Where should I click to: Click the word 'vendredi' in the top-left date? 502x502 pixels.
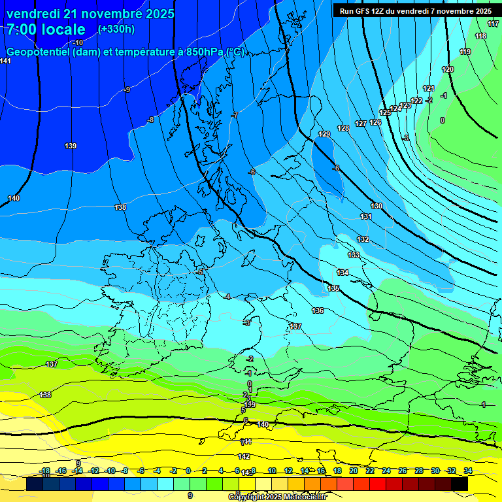[x=33, y=14]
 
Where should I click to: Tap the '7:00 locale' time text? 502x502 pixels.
[x=46, y=29]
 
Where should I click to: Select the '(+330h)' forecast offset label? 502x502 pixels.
[x=116, y=29]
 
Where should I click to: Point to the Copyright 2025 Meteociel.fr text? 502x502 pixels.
[x=277, y=497]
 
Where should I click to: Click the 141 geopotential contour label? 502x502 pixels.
[x=5, y=61]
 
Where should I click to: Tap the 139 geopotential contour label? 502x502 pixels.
[x=71, y=145]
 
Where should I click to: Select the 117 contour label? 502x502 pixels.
[x=493, y=24]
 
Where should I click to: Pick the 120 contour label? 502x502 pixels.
[x=448, y=69]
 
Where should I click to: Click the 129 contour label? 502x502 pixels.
[x=324, y=134]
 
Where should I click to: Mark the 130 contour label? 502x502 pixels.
[x=376, y=206]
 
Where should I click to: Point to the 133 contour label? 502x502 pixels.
[x=354, y=255]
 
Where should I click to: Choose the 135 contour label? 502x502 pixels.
[x=333, y=288]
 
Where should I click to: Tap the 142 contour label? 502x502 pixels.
[x=244, y=456]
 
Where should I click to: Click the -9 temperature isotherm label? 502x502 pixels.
[x=127, y=90]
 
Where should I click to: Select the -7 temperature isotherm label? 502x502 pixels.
[x=234, y=115]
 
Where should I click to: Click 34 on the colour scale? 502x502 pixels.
[x=468, y=471]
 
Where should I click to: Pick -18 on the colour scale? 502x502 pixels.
[x=44, y=471]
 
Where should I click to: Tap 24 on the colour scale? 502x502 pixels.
[x=386, y=471]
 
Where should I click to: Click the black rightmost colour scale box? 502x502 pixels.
[x=460, y=484]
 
